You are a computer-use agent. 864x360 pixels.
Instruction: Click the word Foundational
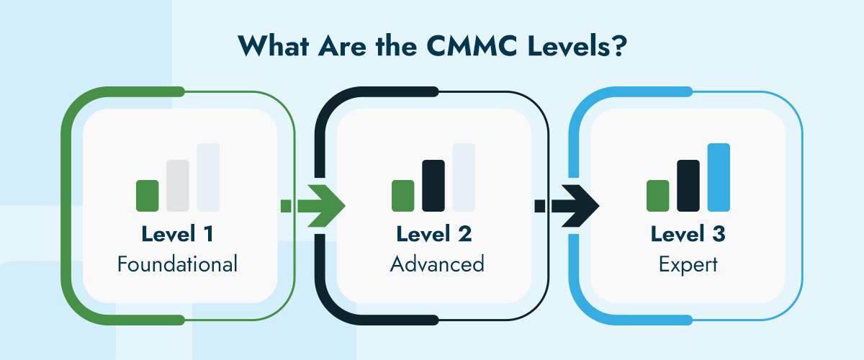point(177,264)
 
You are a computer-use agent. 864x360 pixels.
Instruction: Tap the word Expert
point(688,264)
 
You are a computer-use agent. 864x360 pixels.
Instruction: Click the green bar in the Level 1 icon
point(147,195)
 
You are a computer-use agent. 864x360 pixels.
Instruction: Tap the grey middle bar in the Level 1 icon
point(177,186)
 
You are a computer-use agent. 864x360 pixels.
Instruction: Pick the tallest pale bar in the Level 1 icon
point(207,177)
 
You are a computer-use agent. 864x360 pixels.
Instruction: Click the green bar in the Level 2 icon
point(402,195)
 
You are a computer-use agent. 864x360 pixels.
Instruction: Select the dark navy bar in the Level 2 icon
point(433,186)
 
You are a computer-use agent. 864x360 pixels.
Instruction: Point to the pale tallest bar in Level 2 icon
point(463,177)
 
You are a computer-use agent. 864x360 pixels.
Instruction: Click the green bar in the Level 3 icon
point(658,195)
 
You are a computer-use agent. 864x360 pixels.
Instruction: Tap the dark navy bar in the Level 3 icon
point(688,186)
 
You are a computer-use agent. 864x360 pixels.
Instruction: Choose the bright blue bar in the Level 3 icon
point(719,177)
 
